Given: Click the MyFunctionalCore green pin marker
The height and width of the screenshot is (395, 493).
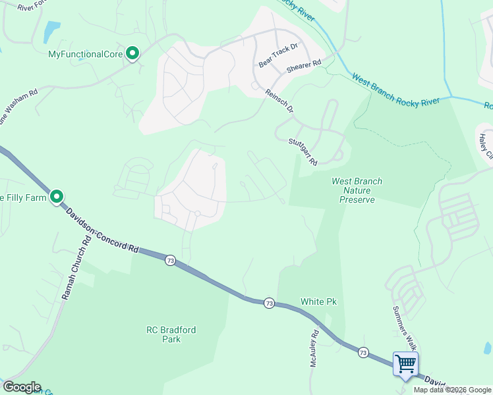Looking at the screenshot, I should tap(132, 53).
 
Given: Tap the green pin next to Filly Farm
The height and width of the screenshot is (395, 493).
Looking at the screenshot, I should tap(57, 196).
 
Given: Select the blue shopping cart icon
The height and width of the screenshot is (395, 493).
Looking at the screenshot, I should tap(405, 363).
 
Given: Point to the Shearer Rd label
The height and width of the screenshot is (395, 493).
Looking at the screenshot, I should tap(303, 66).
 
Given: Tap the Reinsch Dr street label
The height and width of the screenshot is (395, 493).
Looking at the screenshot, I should tap(279, 101).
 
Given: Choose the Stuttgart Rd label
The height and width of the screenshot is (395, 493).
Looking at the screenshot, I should tap(303, 151).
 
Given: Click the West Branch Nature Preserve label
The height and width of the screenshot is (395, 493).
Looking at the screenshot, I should tap(357, 190).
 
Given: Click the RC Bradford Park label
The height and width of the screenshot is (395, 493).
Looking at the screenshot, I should tap(170, 334).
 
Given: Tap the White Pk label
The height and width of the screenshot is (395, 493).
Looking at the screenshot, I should tap(318, 302).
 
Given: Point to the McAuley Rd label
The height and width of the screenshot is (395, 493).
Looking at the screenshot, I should tap(314, 349).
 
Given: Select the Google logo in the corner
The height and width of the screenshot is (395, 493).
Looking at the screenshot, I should tap(21, 387).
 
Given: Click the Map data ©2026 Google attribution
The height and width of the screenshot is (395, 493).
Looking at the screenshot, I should tap(452, 390).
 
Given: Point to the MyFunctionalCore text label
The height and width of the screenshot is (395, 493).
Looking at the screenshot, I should tap(86, 54).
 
